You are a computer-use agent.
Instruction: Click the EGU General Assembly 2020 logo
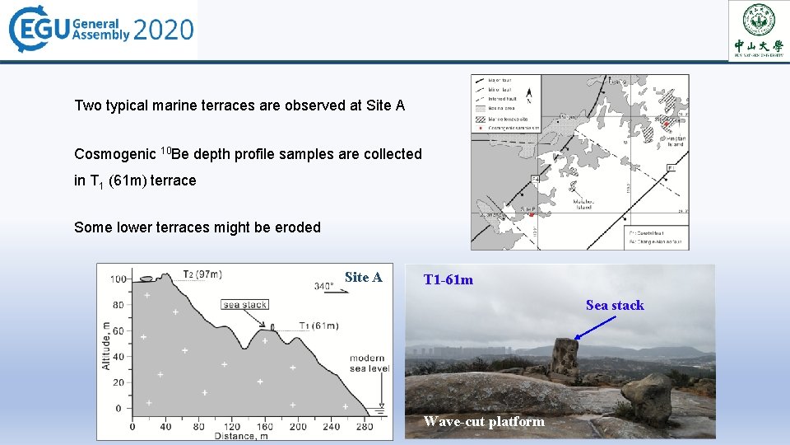[x=100, y=30]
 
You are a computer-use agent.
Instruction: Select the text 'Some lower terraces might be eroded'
[x=197, y=227]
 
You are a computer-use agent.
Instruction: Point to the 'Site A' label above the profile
[x=363, y=277]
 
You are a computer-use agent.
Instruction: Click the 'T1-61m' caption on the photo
[x=448, y=280]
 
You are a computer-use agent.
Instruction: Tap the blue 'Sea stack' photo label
[x=615, y=306]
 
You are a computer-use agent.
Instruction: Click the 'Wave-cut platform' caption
[x=484, y=422]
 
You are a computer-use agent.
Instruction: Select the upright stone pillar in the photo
[x=565, y=360]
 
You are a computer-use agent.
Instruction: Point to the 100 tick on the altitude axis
[x=119, y=279]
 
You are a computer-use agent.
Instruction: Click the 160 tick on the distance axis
[x=264, y=427]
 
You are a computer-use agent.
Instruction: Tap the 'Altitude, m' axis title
[x=106, y=344]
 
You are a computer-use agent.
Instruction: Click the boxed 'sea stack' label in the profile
[x=245, y=305]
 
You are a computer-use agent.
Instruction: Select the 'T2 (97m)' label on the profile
[x=202, y=274]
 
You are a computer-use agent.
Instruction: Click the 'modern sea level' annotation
[x=367, y=363]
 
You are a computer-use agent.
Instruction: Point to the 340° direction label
[x=324, y=287]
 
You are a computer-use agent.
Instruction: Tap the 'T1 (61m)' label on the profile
[x=318, y=326]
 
